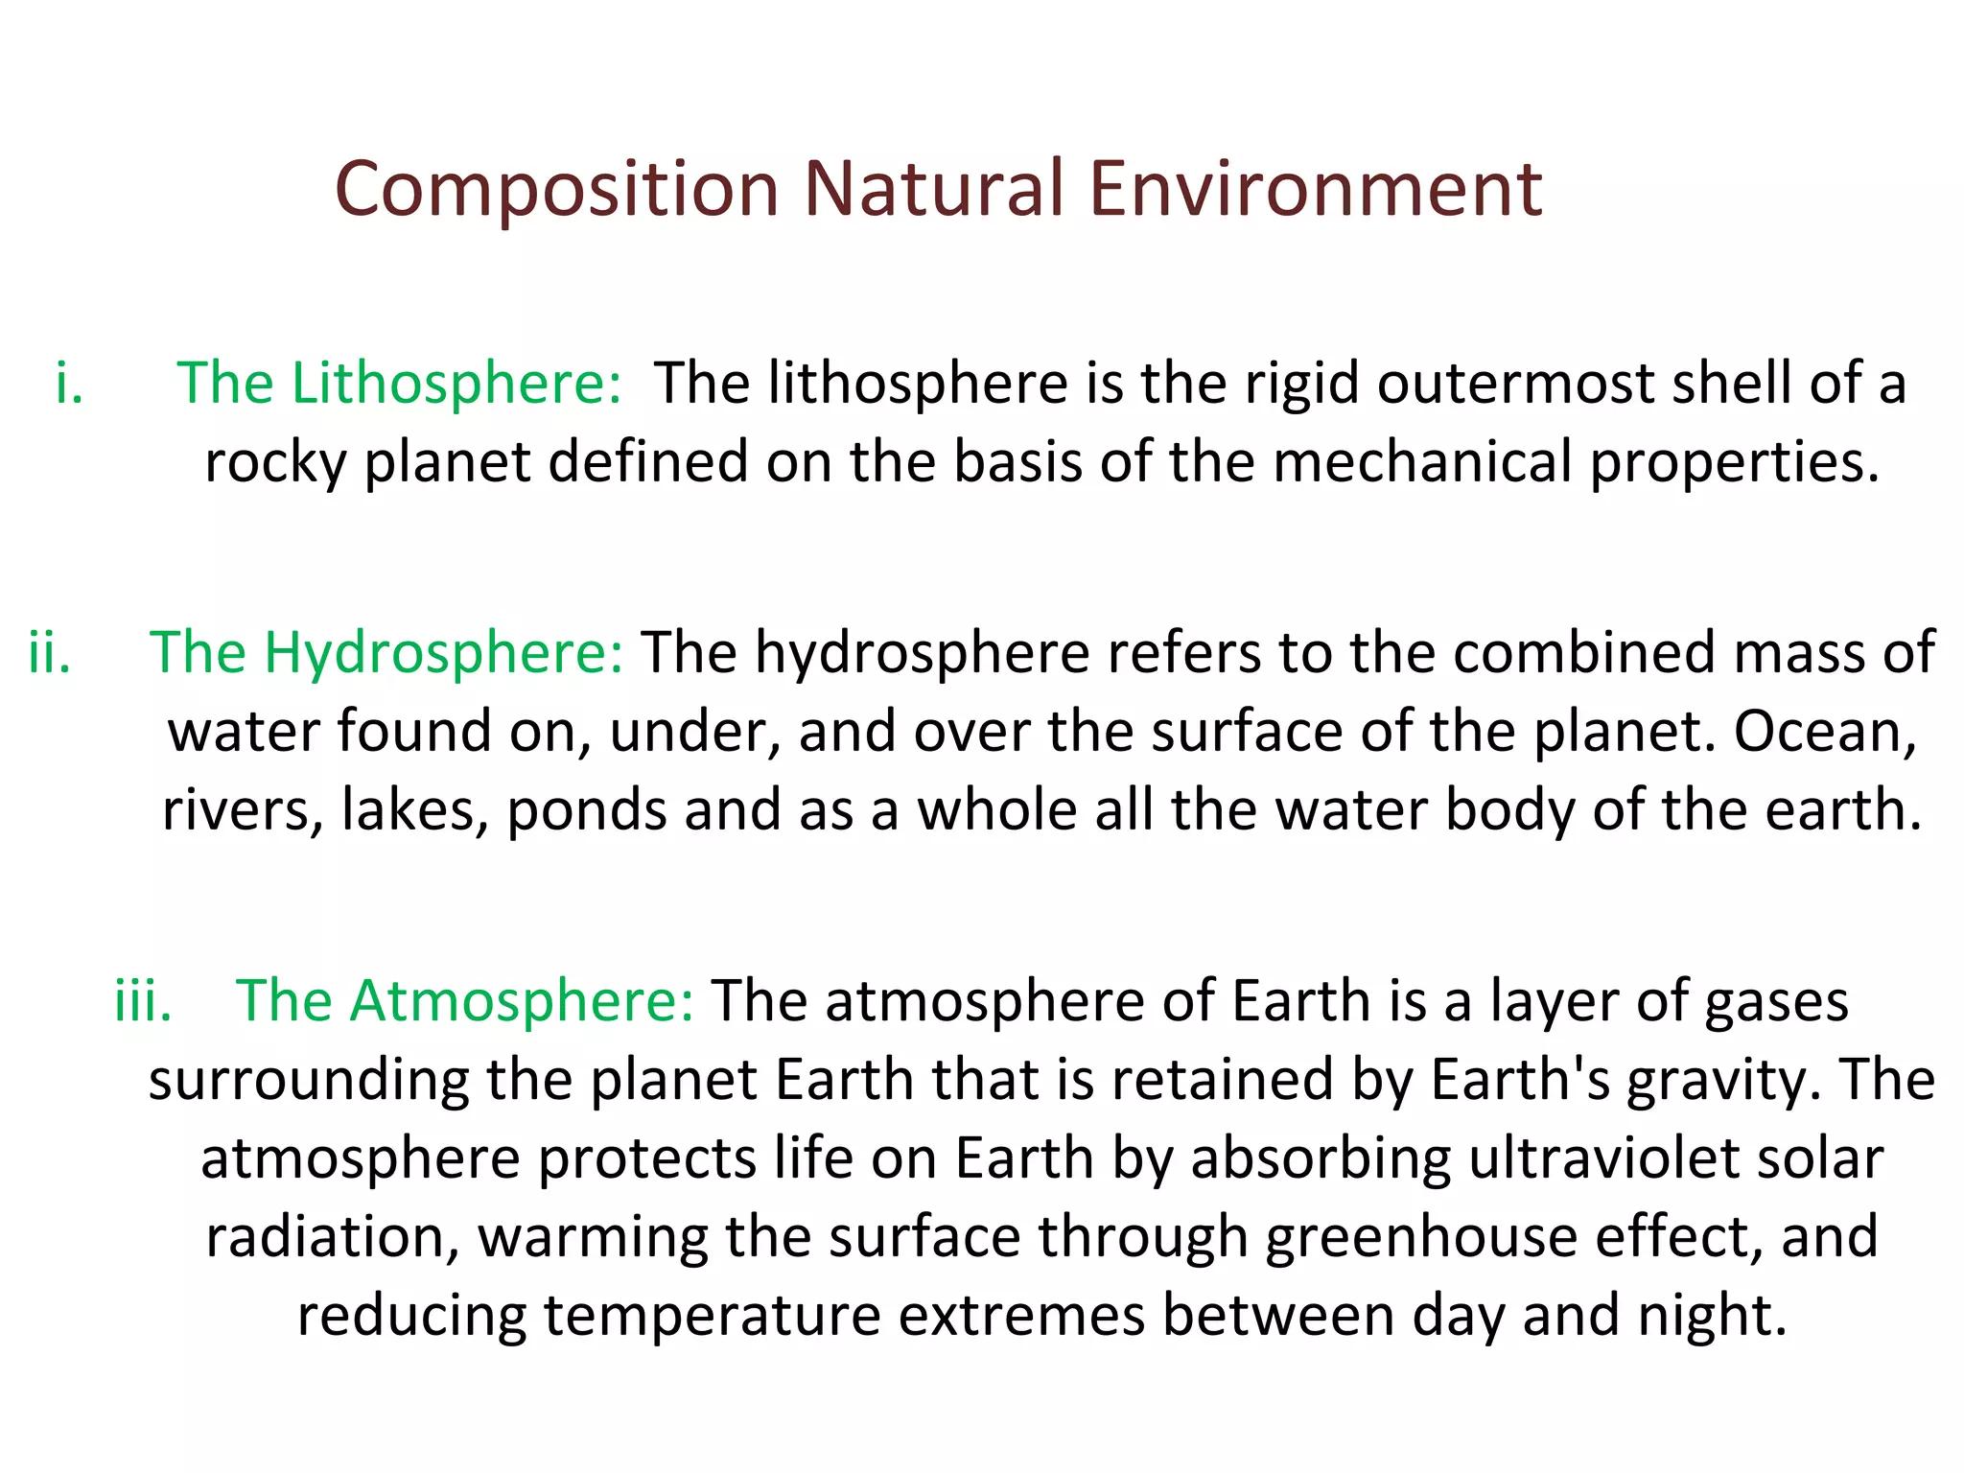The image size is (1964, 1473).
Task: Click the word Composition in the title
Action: pyautogui.click(x=556, y=189)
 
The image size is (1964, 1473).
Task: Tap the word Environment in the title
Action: pyautogui.click(x=1316, y=189)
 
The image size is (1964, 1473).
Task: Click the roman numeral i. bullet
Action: pyautogui.click(x=69, y=384)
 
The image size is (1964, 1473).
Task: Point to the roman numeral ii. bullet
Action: pyautogui.click(x=50, y=653)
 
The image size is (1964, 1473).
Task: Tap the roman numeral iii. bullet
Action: pyautogui.click(x=143, y=1001)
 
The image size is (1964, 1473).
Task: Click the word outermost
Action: pyautogui.click(x=1516, y=384)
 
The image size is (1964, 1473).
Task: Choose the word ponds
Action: pyautogui.click(x=586, y=811)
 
